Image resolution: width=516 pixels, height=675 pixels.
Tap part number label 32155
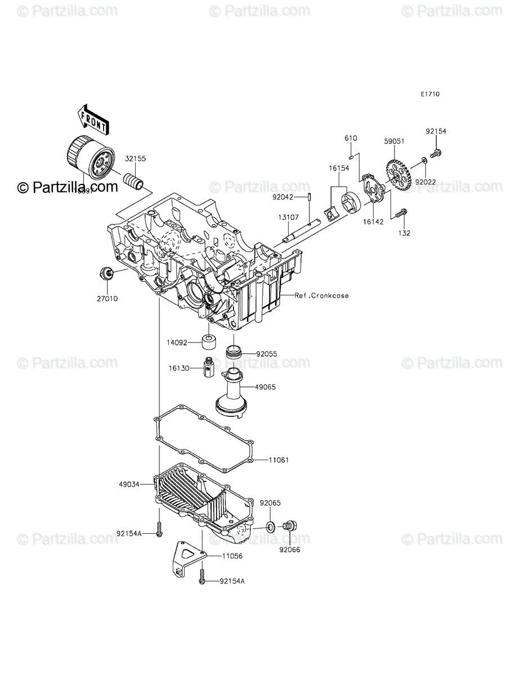point(136,159)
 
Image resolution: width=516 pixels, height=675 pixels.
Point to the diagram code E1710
point(429,94)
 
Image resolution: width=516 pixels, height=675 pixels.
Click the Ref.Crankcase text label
point(321,295)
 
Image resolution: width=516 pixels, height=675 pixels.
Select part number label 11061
point(279,460)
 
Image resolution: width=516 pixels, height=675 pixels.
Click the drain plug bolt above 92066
point(290,526)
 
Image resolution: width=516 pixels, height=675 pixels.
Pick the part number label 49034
point(129,483)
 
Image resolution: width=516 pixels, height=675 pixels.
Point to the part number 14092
point(176,342)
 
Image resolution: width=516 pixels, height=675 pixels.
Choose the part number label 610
point(351,138)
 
